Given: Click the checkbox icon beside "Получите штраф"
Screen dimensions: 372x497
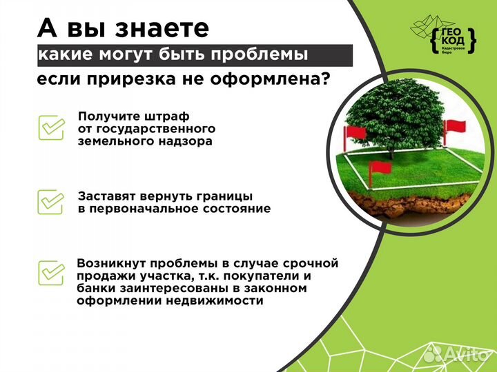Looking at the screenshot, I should coord(50,127).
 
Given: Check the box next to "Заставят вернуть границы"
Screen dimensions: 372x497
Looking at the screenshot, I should coord(50,201).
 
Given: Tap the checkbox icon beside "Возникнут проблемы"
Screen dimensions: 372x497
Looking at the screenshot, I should coord(50,273).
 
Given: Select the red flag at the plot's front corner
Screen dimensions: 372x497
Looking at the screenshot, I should coord(380,169).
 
